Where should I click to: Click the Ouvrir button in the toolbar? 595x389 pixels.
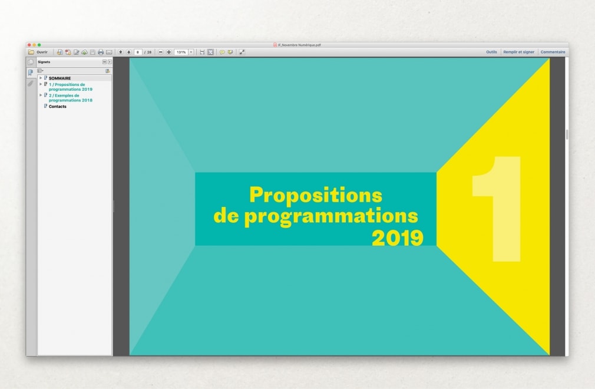[38, 52]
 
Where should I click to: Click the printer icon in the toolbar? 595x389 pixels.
[101, 52]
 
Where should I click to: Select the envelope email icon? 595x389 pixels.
[109, 52]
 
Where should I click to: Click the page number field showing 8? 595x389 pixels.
[138, 52]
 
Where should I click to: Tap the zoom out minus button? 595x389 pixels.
[160, 52]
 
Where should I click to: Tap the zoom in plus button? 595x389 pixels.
[169, 52]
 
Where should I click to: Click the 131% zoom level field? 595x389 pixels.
[181, 52]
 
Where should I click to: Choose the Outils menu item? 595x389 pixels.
[491, 52]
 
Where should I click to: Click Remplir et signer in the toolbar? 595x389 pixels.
[519, 52]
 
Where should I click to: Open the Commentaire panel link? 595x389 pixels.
[553, 52]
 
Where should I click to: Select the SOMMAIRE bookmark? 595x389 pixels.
[59, 78]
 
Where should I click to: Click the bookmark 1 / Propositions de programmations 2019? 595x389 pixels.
[71, 87]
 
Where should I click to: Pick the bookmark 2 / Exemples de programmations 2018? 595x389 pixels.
[71, 98]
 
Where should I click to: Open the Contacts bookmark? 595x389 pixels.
[57, 107]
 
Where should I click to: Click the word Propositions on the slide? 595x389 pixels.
[316, 196]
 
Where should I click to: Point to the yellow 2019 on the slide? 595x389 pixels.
[397, 238]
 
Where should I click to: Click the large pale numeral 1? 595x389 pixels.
[497, 209]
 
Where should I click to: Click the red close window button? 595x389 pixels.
[29, 45]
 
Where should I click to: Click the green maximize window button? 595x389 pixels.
[39, 45]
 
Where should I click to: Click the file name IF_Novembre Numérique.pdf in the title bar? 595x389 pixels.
[299, 45]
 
